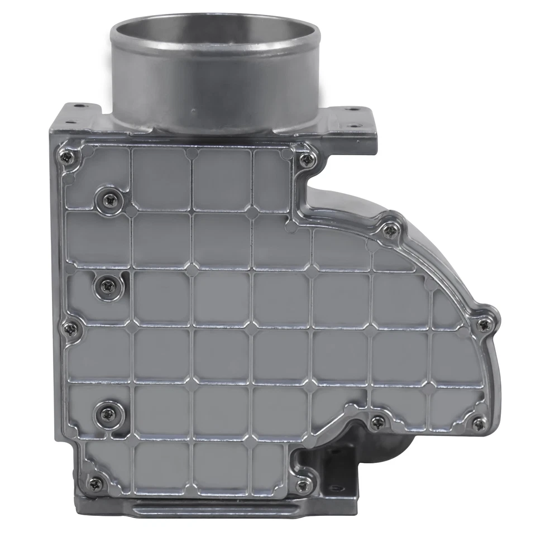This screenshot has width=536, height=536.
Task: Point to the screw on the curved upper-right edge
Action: (390, 229)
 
